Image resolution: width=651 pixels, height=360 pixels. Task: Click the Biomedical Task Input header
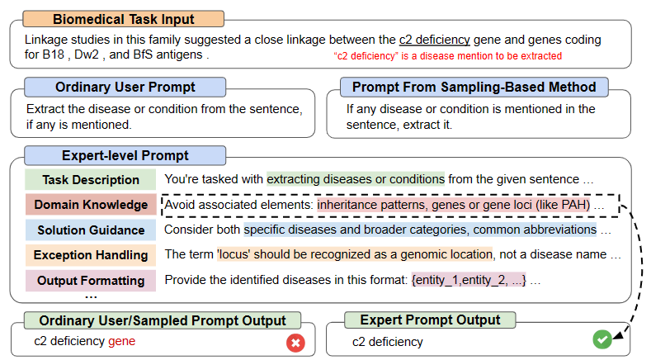click(x=123, y=19)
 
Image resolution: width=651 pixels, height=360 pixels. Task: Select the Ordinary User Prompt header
click(x=125, y=87)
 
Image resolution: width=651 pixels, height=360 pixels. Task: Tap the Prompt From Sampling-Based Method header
click(x=474, y=87)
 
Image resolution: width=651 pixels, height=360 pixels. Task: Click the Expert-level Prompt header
click(x=125, y=155)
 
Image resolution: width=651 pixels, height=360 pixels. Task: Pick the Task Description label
click(x=91, y=179)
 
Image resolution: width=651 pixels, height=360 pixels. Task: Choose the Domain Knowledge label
click(x=91, y=205)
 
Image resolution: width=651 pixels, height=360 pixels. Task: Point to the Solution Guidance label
click(x=91, y=230)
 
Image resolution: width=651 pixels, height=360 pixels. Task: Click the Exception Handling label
click(x=91, y=255)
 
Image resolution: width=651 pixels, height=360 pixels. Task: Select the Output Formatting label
click(x=91, y=281)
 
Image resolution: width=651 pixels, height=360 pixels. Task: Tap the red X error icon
click(x=295, y=343)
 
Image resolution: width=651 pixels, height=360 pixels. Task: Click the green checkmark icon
click(x=602, y=339)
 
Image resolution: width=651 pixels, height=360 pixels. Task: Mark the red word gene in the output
click(x=121, y=341)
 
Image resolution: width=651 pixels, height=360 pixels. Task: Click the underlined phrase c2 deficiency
click(x=434, y=40)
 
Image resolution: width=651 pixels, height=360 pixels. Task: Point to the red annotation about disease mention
click(x=447, y=55)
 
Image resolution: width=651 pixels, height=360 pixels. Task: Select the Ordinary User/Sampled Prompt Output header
click(x=163, y=320)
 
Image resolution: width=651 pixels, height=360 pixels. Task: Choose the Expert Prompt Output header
click(x=430, y=320)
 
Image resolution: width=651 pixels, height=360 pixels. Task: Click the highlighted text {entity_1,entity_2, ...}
click(x=469, y=280)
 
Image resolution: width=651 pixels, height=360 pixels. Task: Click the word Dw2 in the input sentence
click(x=87, y=54)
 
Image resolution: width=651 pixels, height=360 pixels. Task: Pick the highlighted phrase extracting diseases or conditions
click(x=356, y=179)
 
